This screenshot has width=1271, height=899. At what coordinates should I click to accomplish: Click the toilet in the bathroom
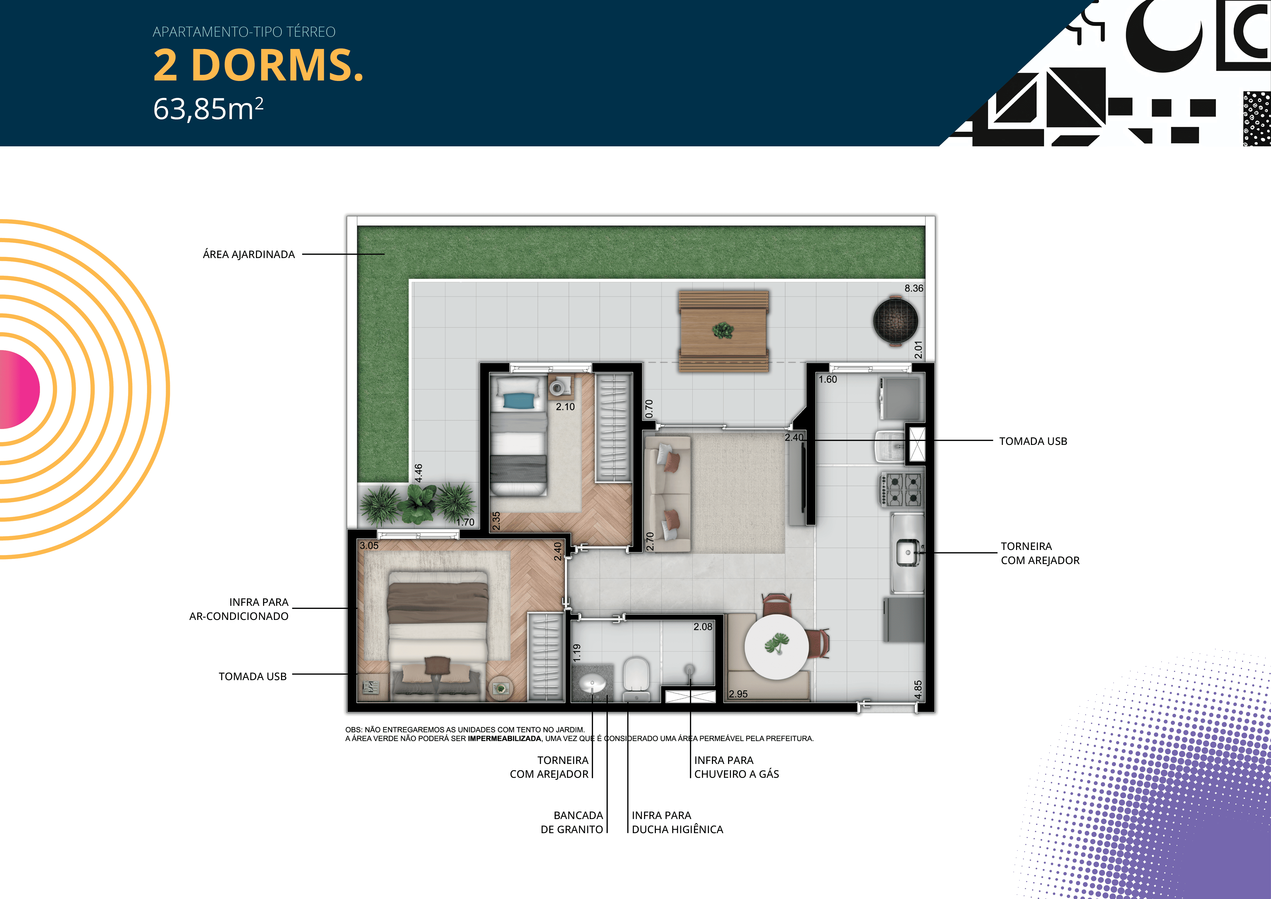click(x=635, y=678)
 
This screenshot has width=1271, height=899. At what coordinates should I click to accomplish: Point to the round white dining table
click(x=777, y=647)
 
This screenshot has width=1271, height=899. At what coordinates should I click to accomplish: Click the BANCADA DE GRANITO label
click(x=572, y=822)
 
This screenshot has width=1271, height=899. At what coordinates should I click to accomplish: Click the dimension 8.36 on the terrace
click(x=914, y=288)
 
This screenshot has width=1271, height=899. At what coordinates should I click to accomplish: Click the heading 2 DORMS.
click(x=258, y=65)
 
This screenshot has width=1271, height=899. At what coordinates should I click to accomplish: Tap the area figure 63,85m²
click(x=208, y=108)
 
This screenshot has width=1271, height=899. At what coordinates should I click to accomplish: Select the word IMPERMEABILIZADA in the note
click(x=504, y=739)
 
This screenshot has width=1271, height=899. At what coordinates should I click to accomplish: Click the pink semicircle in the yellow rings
click(x=19, y=389)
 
